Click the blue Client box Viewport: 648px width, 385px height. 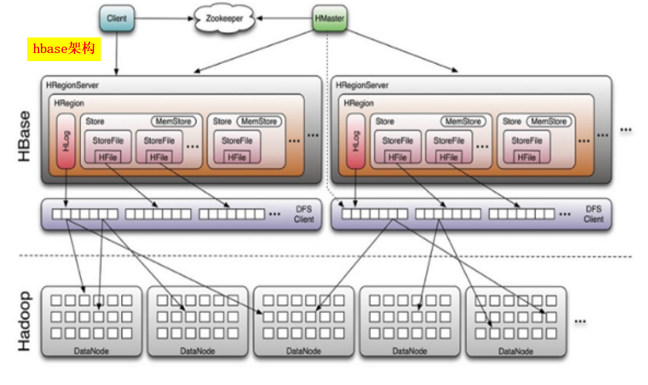point(117,18)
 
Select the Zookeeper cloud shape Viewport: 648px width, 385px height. point(224,18)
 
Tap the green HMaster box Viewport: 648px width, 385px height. point(329,18)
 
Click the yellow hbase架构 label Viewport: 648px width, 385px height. point(64,50)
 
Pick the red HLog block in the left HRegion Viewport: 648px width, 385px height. point(66,141)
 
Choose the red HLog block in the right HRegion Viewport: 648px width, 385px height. point(355,141)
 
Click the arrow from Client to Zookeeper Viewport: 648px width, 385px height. point(164,18)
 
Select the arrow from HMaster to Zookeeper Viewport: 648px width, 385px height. point(285,18)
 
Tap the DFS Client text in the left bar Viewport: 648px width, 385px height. point(304,214)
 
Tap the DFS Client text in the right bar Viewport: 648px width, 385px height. point(593,214)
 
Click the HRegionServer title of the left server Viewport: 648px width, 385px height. point(72,85)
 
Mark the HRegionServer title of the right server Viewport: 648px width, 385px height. point(362,85)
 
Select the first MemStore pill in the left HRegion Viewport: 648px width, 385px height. point(173,122)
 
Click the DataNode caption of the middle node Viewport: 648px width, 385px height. point(304,350)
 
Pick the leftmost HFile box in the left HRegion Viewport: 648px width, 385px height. point(108,157)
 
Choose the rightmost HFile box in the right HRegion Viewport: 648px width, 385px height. point(526,157)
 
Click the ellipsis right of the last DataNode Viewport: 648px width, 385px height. point(579,322)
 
